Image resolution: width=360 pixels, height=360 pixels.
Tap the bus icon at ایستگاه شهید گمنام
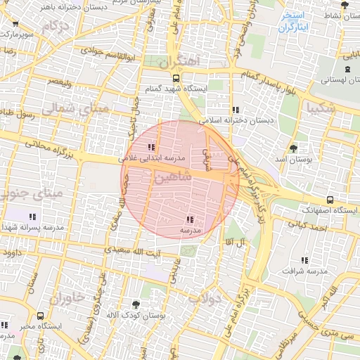coord(175,79)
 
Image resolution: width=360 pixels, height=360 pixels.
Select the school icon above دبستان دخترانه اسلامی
coord(235,110)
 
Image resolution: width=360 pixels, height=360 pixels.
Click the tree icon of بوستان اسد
coord(293,148)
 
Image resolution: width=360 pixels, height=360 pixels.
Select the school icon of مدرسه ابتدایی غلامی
coord(150,147)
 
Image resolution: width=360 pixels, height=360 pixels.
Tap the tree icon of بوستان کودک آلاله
coord(136,304)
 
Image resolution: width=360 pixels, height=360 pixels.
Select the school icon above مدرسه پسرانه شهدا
coord(32,217)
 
